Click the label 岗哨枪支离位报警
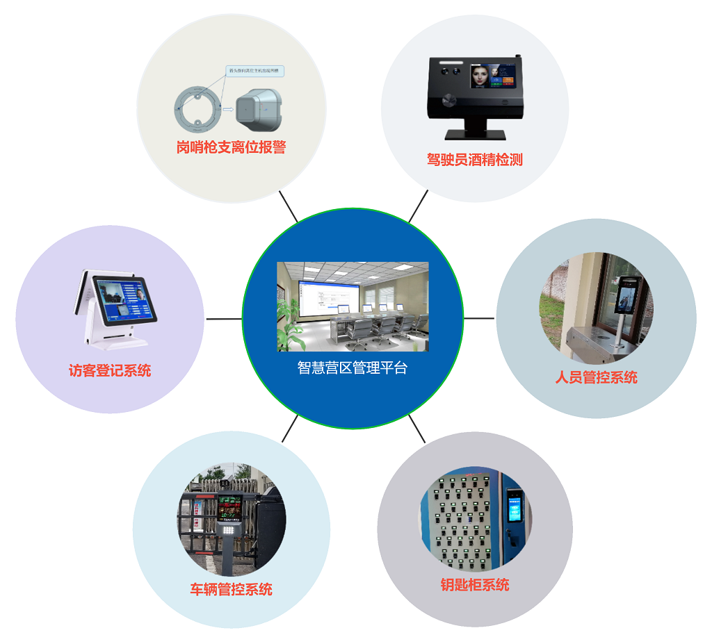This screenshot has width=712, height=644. click(x=231, y=147)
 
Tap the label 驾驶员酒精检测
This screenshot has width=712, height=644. click(x=474, y=160)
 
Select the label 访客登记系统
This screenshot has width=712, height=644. click(x=110, y=370)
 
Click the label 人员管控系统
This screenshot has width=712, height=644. click(x=596, y=377)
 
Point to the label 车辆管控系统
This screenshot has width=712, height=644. click(x=231, y=589)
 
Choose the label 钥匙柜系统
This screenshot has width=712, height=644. click(x=474, y=584)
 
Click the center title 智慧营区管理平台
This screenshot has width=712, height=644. click(x=352, y=368)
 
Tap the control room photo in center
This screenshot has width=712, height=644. click(x=353, y=306)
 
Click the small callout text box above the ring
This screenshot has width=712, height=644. click(x=255, y=71)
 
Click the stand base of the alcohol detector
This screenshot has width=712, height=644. click(x=474, y=134)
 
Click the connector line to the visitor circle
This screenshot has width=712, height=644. click(x=223, y=319)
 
